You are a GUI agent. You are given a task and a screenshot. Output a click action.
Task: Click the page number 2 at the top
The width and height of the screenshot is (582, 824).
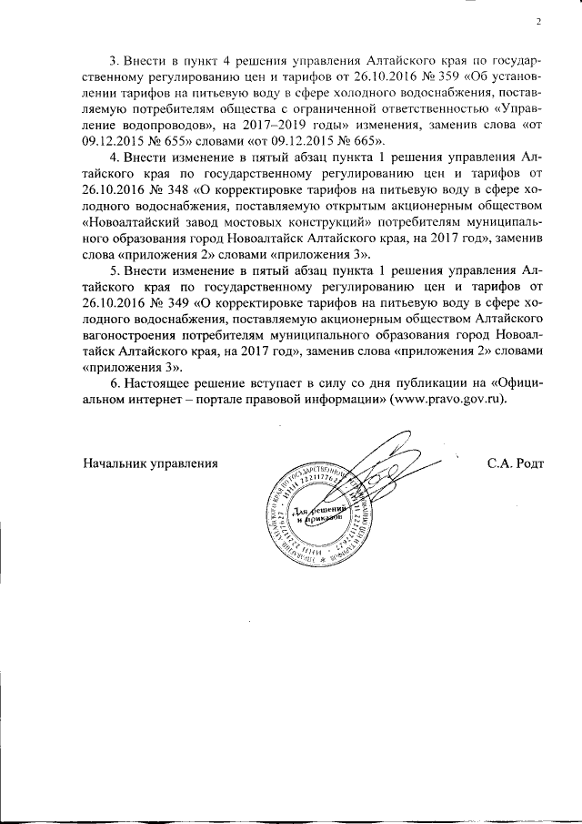[x=538, y=22]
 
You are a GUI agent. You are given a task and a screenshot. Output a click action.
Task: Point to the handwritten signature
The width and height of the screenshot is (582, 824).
[x=382, y=473]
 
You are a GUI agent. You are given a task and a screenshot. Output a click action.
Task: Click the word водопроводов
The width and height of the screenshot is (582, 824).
[x=145, y=125]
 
